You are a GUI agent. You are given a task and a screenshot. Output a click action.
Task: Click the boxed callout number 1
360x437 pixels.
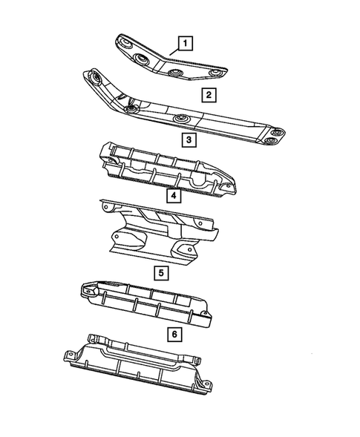185,42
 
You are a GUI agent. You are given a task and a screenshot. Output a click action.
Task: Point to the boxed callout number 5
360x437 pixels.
160,272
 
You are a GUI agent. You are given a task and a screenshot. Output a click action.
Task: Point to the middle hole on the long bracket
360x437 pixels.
180,119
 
